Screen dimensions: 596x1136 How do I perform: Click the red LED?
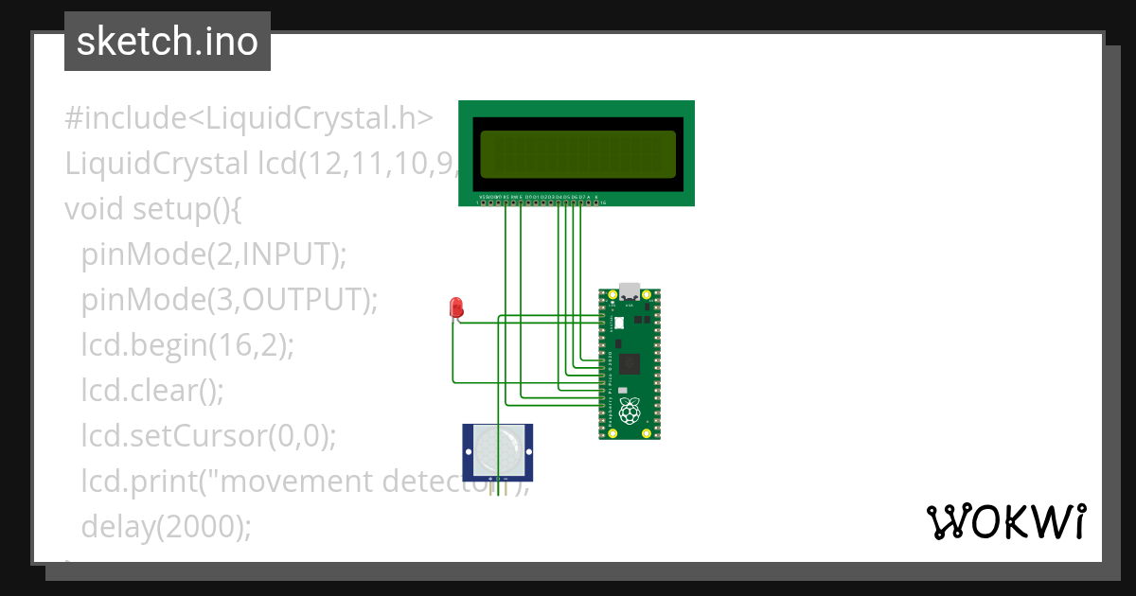(x=456, y=307)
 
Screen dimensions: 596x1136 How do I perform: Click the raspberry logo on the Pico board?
(x=629, y=411)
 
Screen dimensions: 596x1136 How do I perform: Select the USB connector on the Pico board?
(x=629, y=290)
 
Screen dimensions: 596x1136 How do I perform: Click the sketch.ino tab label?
(x=168, y=42)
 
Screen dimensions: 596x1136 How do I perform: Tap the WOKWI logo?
(x=1004, y=522)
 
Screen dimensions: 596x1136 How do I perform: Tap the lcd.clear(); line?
(x=152, y=390)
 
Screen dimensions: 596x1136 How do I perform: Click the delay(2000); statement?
(x=167, y=526)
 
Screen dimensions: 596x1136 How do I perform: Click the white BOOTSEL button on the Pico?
(x=620, y=323)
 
